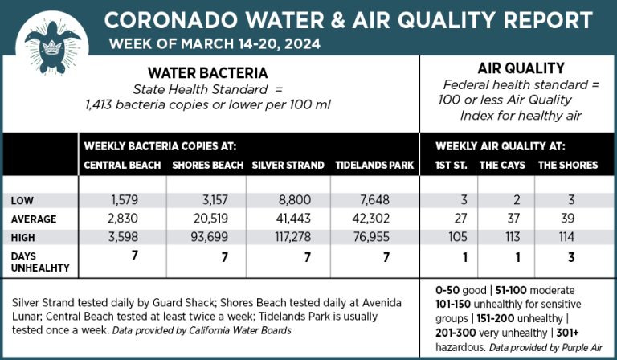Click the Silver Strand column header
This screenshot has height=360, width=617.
pos(288,166)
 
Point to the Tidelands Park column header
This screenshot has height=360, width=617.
pos(374,166)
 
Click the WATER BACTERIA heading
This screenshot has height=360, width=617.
pos(209,72)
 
